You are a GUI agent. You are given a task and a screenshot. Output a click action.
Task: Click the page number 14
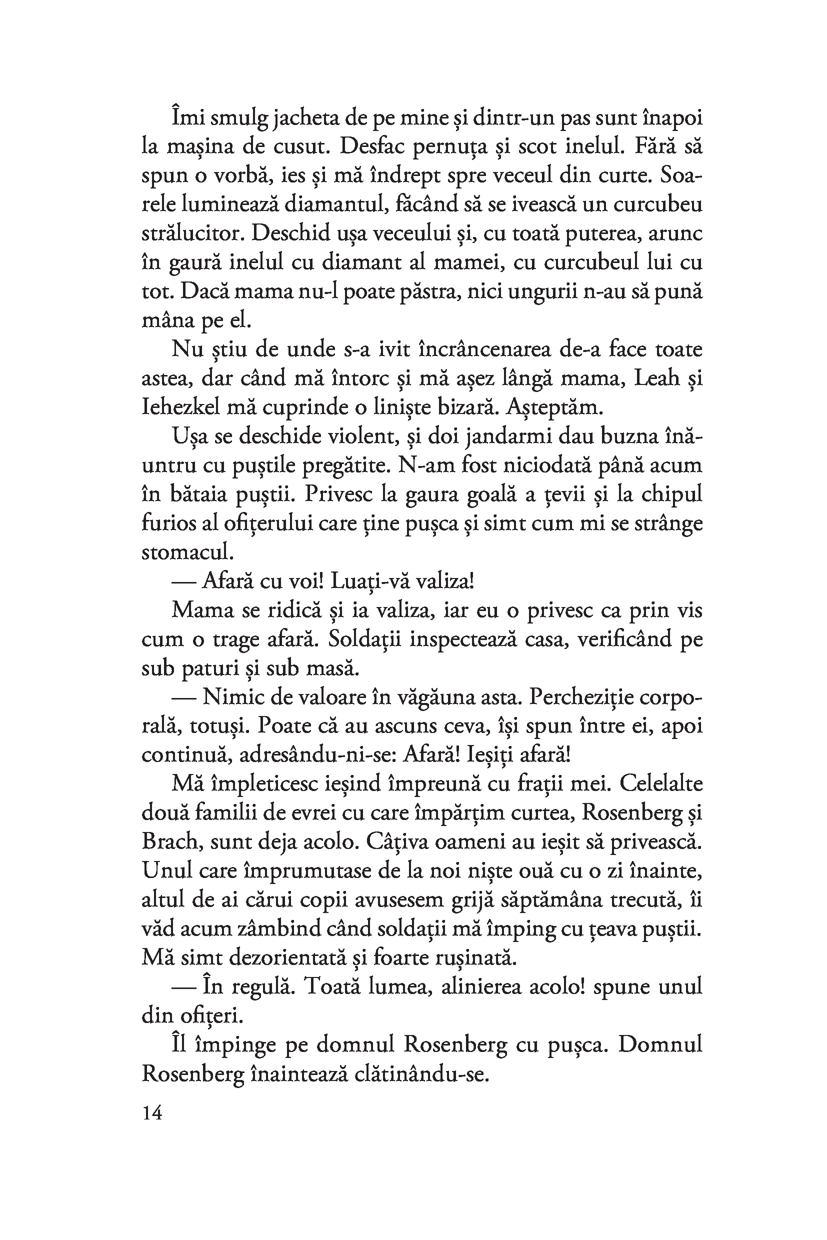[152, 1113]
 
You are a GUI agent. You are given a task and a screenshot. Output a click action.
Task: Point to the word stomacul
[186, 552]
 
